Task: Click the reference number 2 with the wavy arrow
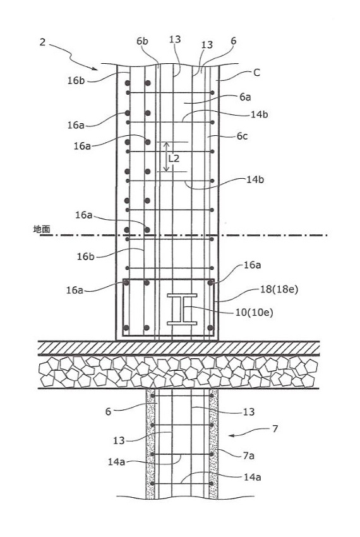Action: pos(42,42)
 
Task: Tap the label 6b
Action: pos(142,41)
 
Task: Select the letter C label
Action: pos(256,73)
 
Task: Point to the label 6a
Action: pos(245,97)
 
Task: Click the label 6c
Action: pos(242,136)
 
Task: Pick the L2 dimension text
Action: pos(174,159)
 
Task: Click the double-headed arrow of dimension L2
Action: pos(166,157)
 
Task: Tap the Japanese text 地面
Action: pos(42,229)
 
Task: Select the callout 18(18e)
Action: pos(279,289)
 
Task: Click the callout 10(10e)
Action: pos(254,312)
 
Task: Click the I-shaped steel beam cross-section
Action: pos(182,310)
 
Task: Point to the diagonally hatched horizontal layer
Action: pos(179,348)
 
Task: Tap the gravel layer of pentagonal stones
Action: pos(179,372)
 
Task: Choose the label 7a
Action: pos(249,456)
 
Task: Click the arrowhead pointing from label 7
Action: pos(232,435)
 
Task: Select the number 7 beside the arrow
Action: pos(275,428)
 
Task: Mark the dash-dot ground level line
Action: pos(184,235)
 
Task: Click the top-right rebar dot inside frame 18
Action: pos(210,282)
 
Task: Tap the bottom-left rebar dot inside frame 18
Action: pos(126,328)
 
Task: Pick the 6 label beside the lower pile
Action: pos(108,411)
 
